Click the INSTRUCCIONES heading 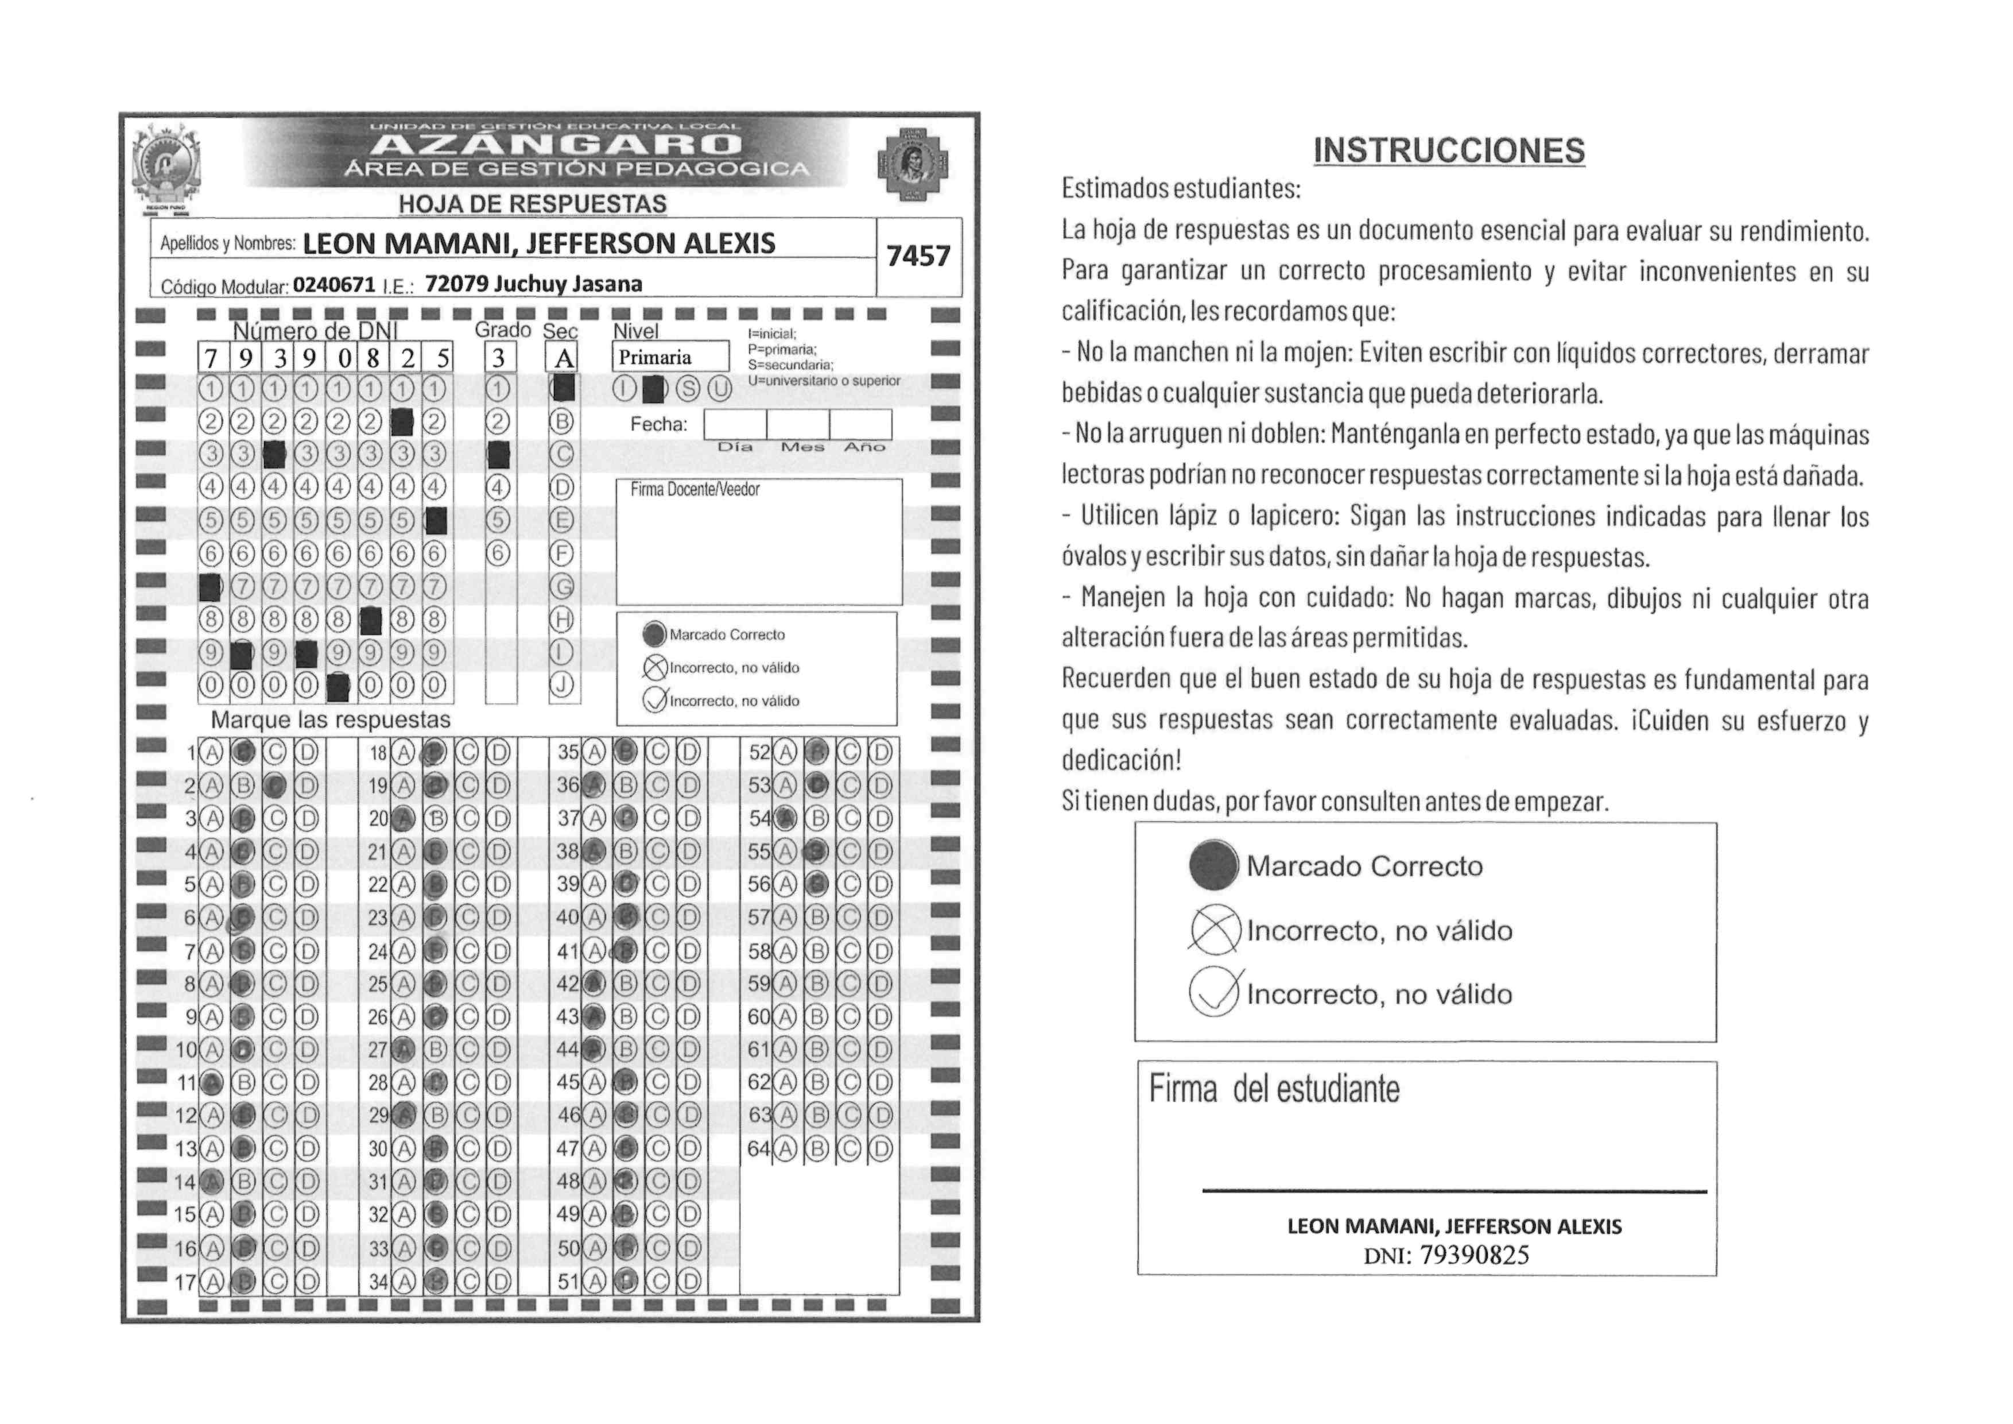[1448, 151]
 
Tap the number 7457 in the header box [918, 256]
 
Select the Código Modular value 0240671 [334, 285]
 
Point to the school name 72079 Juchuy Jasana [533, 284]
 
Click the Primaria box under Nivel [670, 357]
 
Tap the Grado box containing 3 [499, 358]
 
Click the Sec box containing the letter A [562, 358]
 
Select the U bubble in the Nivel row [719, 389]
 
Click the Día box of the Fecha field [735, 424]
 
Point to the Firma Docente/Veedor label [695, 489]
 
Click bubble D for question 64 [881, 1148]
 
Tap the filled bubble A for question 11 [211, 1083]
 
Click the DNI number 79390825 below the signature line [1474, 1256]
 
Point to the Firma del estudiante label [1274, 1090]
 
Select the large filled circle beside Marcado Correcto [1213, 865]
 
